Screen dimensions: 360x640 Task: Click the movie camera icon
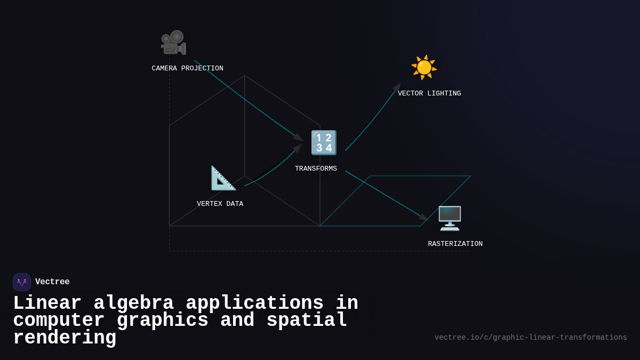pos(173,43)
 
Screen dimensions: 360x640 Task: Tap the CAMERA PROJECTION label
pos(187,68)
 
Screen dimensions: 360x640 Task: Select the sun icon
pos(424,67)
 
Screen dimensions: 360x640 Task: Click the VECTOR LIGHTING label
pos(429,93)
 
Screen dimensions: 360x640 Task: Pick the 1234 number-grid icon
pos(324,142)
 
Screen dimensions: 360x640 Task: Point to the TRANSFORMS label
pos(316,169)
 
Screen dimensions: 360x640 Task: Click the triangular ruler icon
pos(223,178)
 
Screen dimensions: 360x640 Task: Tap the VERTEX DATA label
pos(220,204)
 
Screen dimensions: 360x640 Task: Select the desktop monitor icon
pos(450,218)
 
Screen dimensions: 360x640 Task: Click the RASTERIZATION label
pos(455,244)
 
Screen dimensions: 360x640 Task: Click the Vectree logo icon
pos(22,282)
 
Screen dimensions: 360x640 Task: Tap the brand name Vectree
pos(52,282)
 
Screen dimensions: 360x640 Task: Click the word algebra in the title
pos(133,303)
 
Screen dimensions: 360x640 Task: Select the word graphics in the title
pos(162,321)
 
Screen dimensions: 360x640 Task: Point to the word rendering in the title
pos(65,338)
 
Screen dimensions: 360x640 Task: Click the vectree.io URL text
pos(531,338)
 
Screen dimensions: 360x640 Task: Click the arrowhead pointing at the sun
pos(397,86)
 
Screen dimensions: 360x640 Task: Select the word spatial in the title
pos(307,321)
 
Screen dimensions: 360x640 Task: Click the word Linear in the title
pos(47,303)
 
